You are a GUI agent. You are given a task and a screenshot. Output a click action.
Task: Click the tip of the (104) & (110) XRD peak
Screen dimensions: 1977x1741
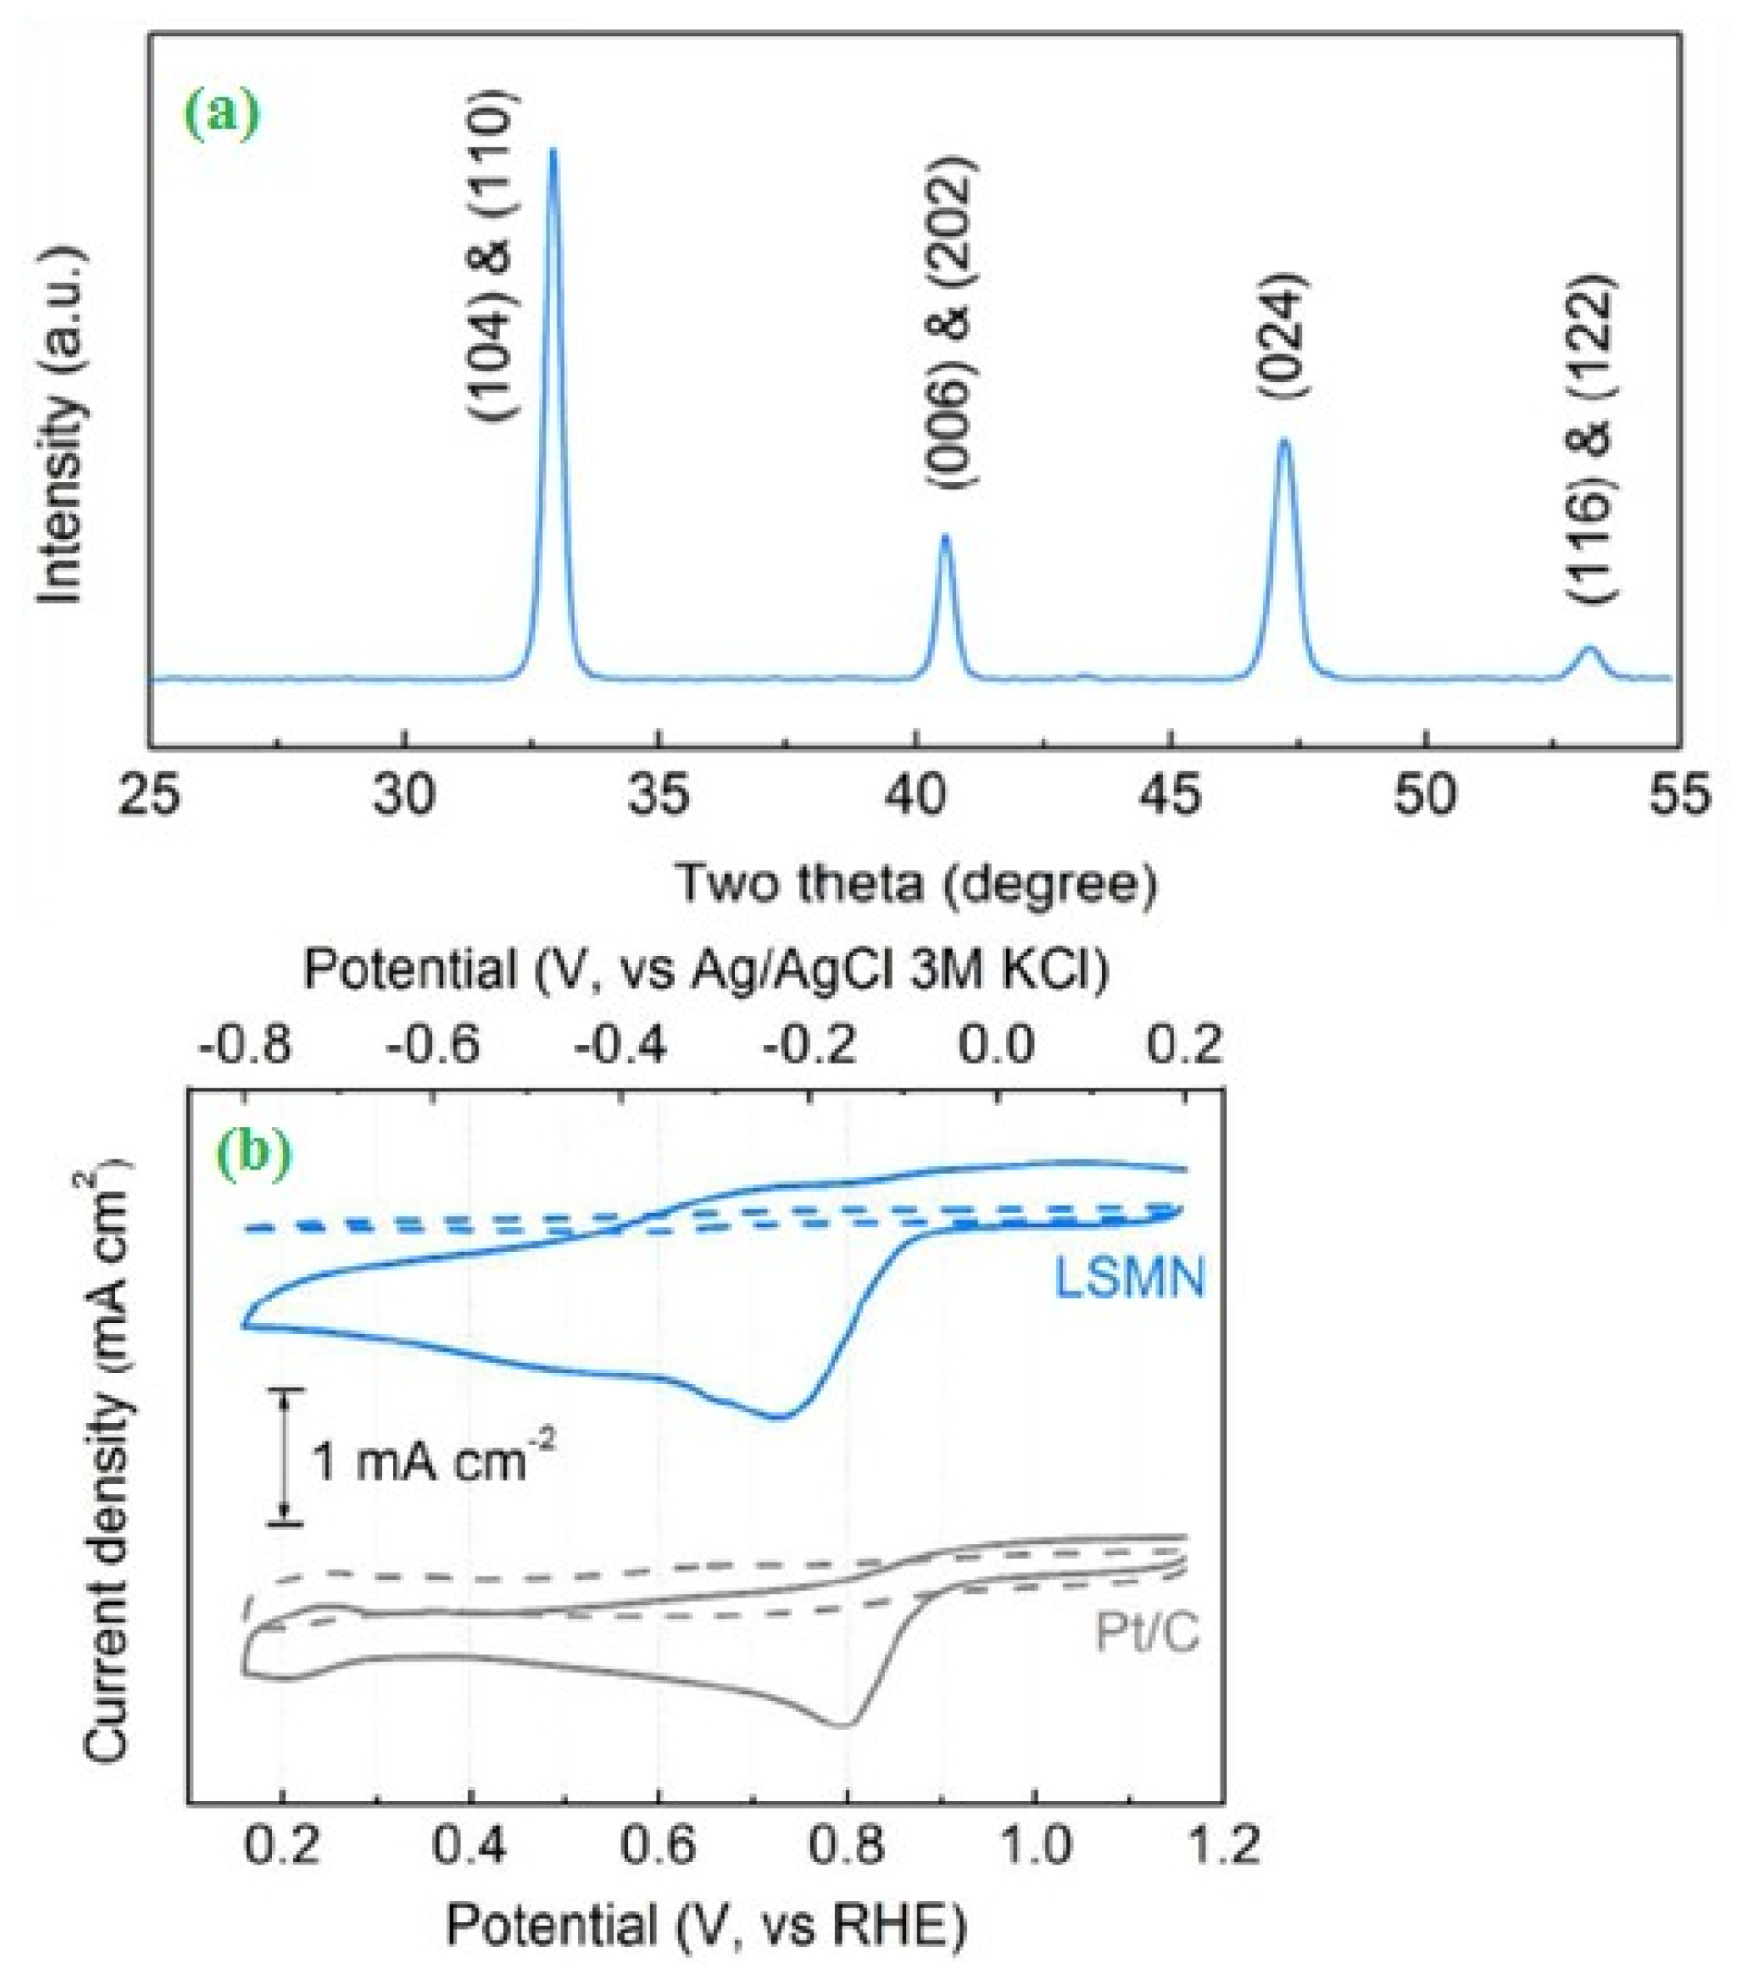pos(552,151)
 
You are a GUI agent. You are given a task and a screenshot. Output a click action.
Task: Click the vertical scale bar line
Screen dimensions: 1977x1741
pos(285,1456)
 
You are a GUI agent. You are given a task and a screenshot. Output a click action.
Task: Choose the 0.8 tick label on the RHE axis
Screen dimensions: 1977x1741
pos(848,1845)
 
